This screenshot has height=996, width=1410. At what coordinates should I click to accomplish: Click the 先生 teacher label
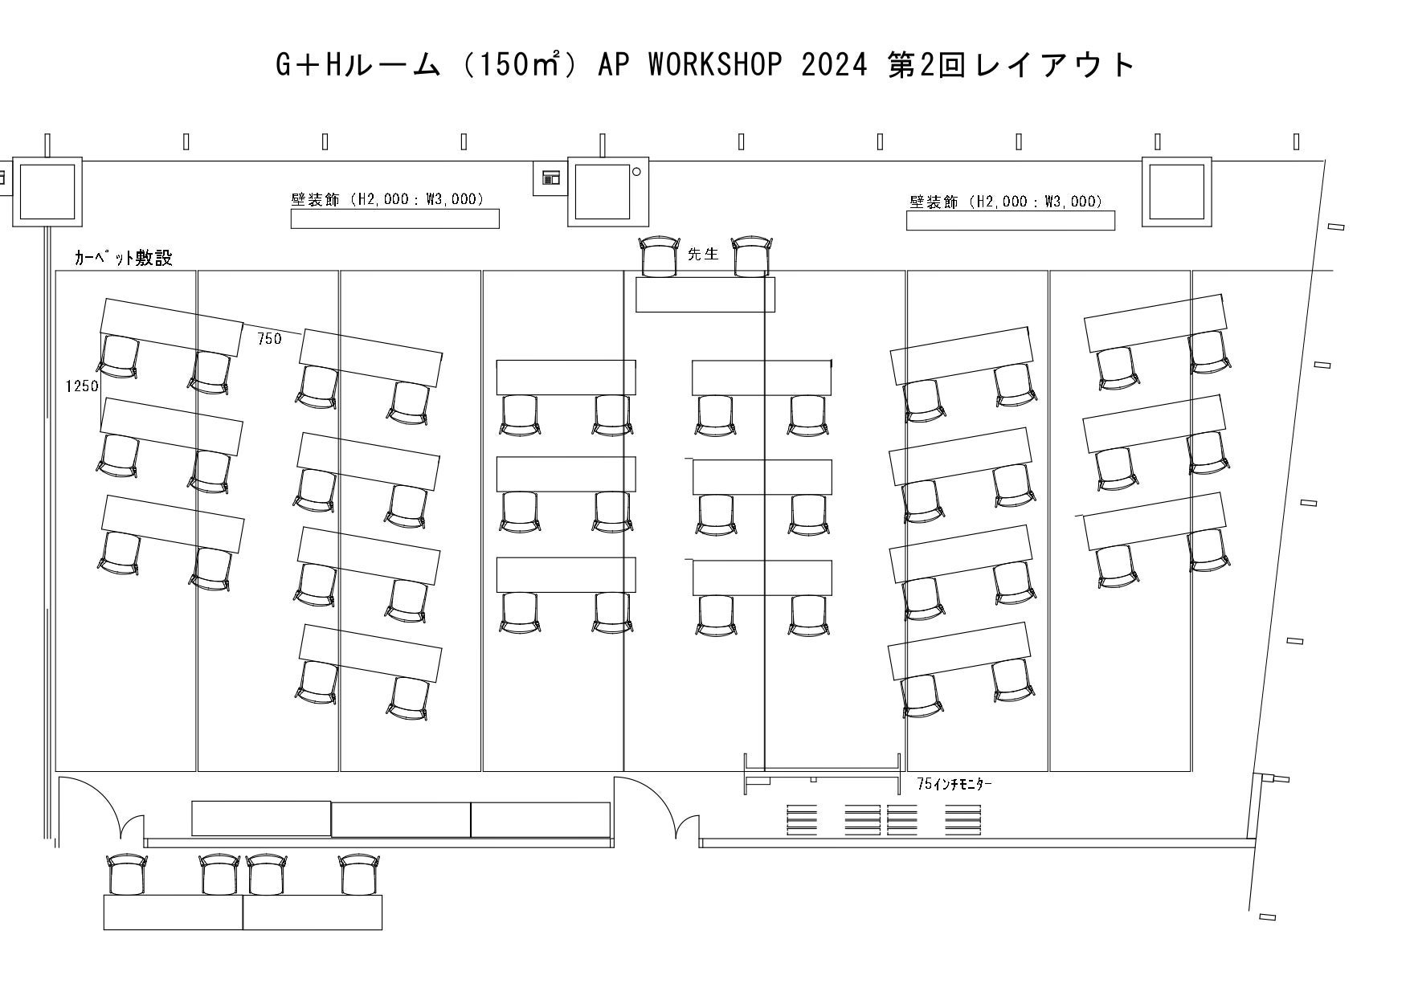[x=703, y=254]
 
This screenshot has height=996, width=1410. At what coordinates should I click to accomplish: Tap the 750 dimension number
[x=270, y=339]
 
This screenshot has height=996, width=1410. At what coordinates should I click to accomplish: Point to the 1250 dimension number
[x=82, y=386]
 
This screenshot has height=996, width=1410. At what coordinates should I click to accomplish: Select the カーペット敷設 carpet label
[x=123, y=258]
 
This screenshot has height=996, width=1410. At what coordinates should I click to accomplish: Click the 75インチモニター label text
[x=954, y=784]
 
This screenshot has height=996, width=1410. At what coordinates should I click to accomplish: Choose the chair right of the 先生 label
[x=752, y=256]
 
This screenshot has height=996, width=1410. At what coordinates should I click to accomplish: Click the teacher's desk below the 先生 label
[x=705, y=295]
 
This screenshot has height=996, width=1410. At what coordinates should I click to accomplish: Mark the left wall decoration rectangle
[x=394, y=218]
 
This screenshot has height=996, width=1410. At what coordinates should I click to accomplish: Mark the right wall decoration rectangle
[x=1011, y=220]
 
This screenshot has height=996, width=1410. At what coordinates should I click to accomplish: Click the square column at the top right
[x=1177, y=192]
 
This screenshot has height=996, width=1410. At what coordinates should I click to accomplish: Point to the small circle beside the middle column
[x=637, y=171]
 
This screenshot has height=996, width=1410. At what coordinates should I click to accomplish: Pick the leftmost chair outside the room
[x=127, y=876]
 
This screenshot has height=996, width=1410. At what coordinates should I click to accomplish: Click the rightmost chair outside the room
[x=359, y=876]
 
